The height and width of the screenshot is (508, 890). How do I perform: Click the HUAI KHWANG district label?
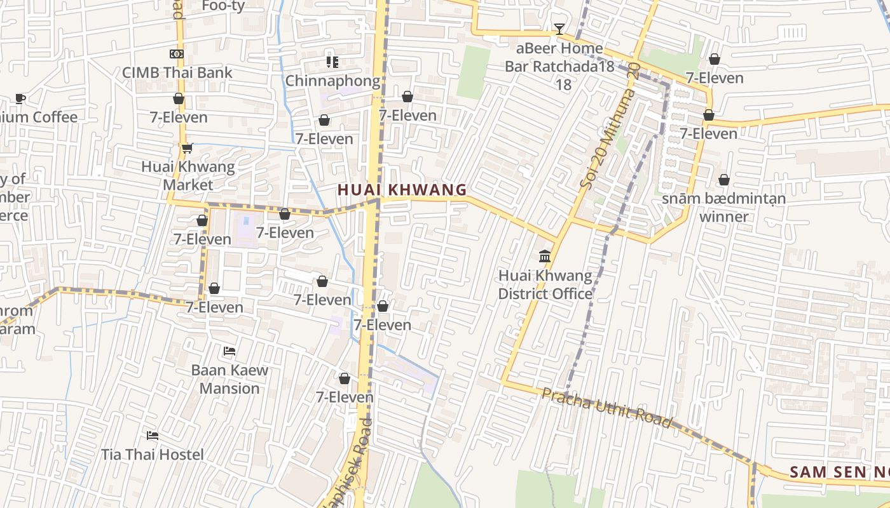point(402,189)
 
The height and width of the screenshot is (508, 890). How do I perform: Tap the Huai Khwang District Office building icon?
point(545,257)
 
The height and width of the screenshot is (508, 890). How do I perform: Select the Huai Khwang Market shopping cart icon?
point(187,149)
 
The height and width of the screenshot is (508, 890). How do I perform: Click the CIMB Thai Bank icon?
point(177,54)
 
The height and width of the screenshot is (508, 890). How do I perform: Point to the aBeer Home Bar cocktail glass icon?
point(559,29)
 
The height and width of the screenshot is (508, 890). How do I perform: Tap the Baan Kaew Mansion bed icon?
point(229,351)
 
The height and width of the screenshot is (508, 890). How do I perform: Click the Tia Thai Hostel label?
point(153,455)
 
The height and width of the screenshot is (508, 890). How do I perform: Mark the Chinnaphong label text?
point(332,81)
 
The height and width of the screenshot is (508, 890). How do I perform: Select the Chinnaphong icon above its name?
point(332,62)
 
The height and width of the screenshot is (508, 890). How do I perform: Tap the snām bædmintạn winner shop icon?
point(723,180)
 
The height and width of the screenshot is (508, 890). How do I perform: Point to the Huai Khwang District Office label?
point(545,284)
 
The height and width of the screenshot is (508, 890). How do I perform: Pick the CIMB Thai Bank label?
point(177,72)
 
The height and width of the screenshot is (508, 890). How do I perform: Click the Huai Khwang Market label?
point(188,176)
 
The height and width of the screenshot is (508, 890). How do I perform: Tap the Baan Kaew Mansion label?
point(229,378)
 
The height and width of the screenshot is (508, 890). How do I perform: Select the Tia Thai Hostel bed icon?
point(153,436)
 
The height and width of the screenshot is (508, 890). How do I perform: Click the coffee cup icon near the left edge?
point(20,98)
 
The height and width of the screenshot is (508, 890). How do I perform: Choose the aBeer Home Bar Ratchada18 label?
point(559,66)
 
